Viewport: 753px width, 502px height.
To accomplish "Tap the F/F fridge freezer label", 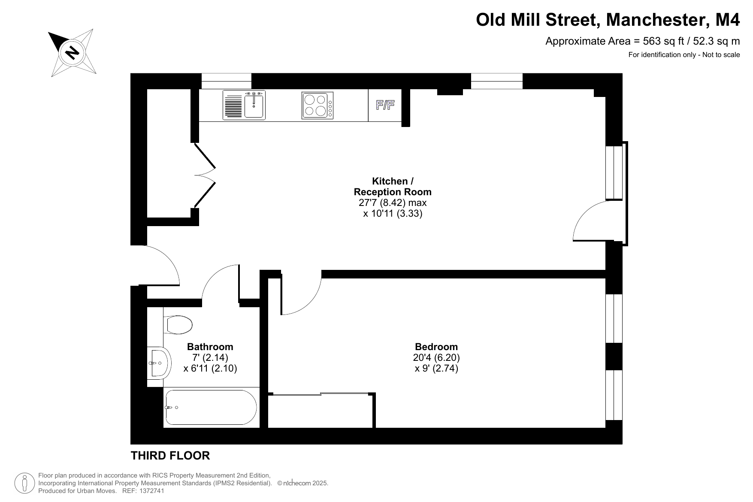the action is tap(385, 105).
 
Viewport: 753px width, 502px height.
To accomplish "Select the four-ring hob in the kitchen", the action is tap(318, 106).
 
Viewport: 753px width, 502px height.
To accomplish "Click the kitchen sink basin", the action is tap(254, 106).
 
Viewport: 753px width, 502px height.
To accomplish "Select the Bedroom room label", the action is tap(436, 347).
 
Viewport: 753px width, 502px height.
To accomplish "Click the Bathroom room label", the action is tap(210, 347).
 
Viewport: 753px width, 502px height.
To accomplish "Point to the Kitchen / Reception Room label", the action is tap(393, 187).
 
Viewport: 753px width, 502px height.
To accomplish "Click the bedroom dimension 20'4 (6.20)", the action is tap(436, 357).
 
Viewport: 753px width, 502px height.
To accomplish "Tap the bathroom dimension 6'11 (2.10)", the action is tap(210, 368).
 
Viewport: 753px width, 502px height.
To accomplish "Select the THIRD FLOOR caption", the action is tap(170, 456).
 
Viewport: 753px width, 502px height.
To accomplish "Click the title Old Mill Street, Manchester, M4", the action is tap(608, 20).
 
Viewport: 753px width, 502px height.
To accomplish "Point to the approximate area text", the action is tap(643, 41).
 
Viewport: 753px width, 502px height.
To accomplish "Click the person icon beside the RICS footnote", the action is tap(25, 483).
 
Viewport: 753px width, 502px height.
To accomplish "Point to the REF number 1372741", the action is tap(149, 491).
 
